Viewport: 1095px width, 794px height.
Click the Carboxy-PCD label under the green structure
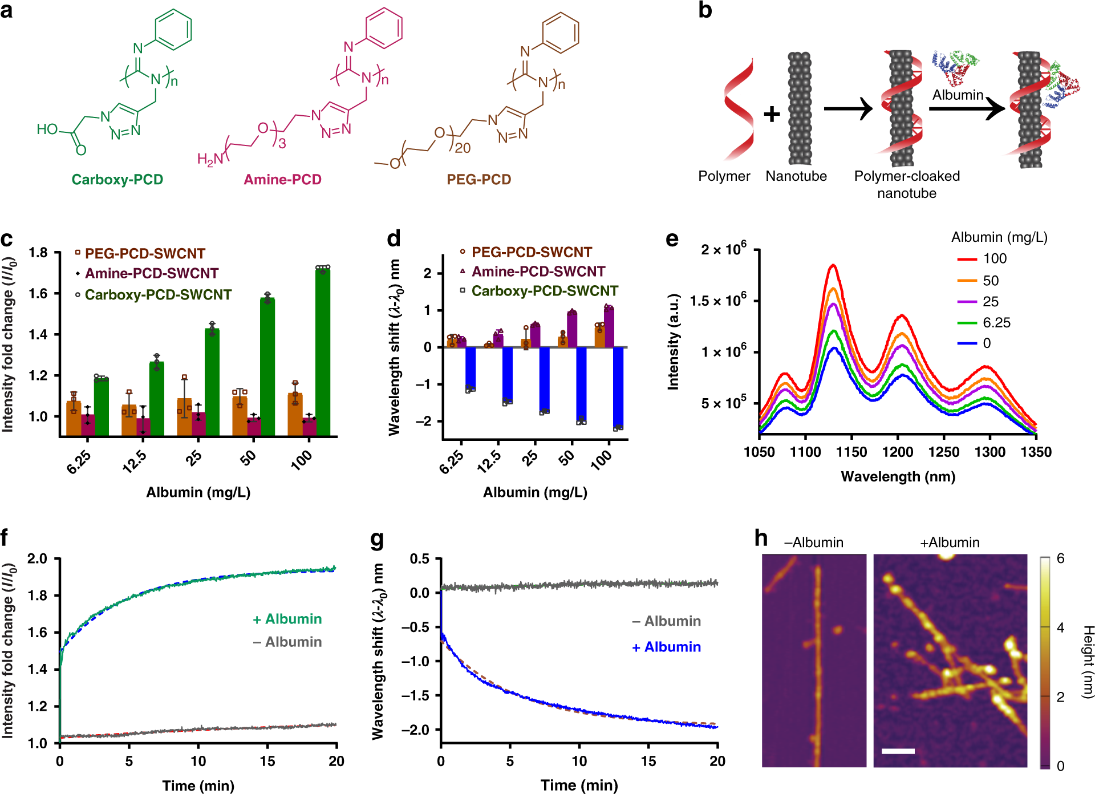point(117,180)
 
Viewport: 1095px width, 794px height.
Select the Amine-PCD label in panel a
point(282,180)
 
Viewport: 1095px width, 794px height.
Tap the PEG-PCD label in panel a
point(478,180)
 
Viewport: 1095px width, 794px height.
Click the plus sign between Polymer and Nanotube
point(772,114)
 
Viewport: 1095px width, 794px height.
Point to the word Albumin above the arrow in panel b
point(958,95)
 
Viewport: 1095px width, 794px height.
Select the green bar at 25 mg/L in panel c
point(212,382)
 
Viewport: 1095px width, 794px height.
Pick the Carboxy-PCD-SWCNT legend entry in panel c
point(158,295)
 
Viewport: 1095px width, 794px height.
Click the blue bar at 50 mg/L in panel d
point(581,383)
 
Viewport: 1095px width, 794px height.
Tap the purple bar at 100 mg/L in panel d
point(609,327)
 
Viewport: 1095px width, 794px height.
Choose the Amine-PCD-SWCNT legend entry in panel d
point(538,272)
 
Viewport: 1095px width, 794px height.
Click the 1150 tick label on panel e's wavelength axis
point(851,452)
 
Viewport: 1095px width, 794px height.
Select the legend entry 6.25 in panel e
point(996,323)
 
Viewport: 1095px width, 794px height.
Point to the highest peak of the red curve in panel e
point(833,265)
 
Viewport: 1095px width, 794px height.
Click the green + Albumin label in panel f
point(287,619)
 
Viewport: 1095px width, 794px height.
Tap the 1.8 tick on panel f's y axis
point(38,595)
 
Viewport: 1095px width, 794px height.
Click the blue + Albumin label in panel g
point(666,647)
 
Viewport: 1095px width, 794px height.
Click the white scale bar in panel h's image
point(898,751)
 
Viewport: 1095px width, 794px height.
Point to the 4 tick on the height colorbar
point(1060,627)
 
